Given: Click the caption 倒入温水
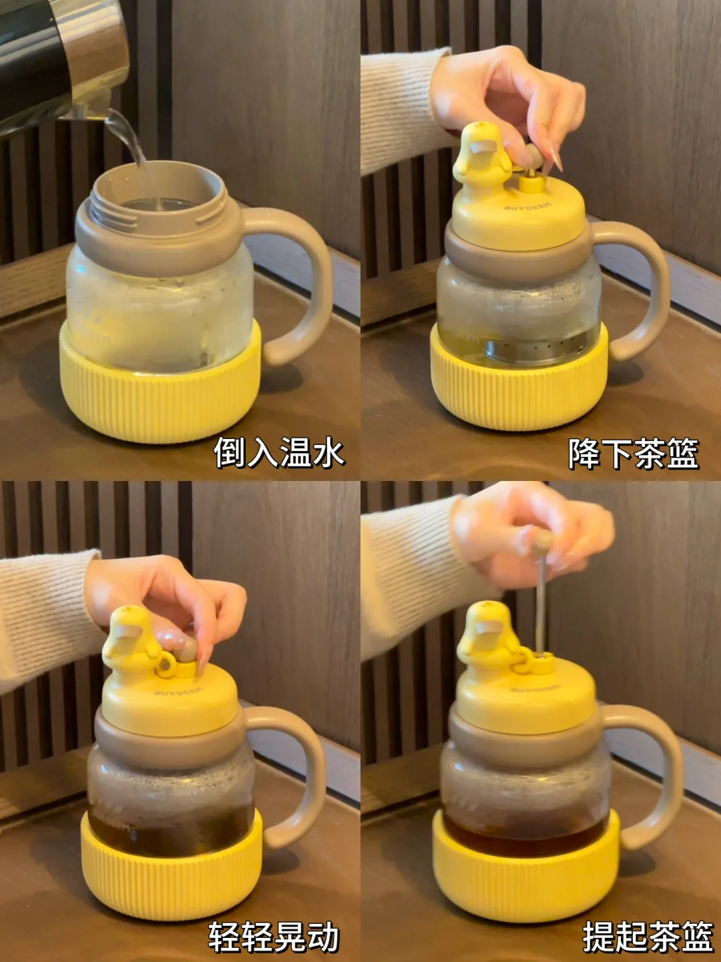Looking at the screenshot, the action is point(279,453).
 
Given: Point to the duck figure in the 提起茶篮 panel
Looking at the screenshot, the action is point(485,638).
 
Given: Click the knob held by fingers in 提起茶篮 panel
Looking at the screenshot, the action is point(542,541).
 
